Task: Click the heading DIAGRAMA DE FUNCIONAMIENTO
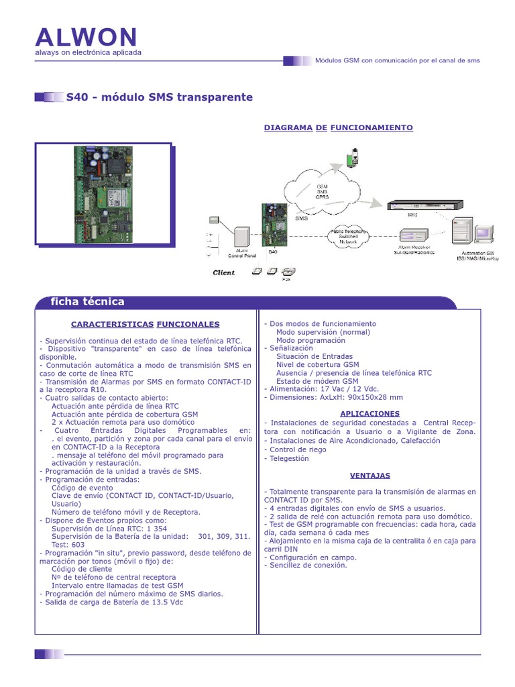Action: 338,127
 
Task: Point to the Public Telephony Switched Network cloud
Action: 350,237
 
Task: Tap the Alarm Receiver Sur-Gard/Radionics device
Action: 413,237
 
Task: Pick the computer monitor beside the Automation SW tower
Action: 483,234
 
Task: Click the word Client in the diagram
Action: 224,273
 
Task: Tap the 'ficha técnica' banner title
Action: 88,302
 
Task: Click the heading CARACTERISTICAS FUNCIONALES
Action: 146,324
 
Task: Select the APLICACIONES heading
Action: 370,413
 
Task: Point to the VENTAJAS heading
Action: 370,476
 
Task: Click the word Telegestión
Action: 289,459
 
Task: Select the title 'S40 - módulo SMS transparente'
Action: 160,98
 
